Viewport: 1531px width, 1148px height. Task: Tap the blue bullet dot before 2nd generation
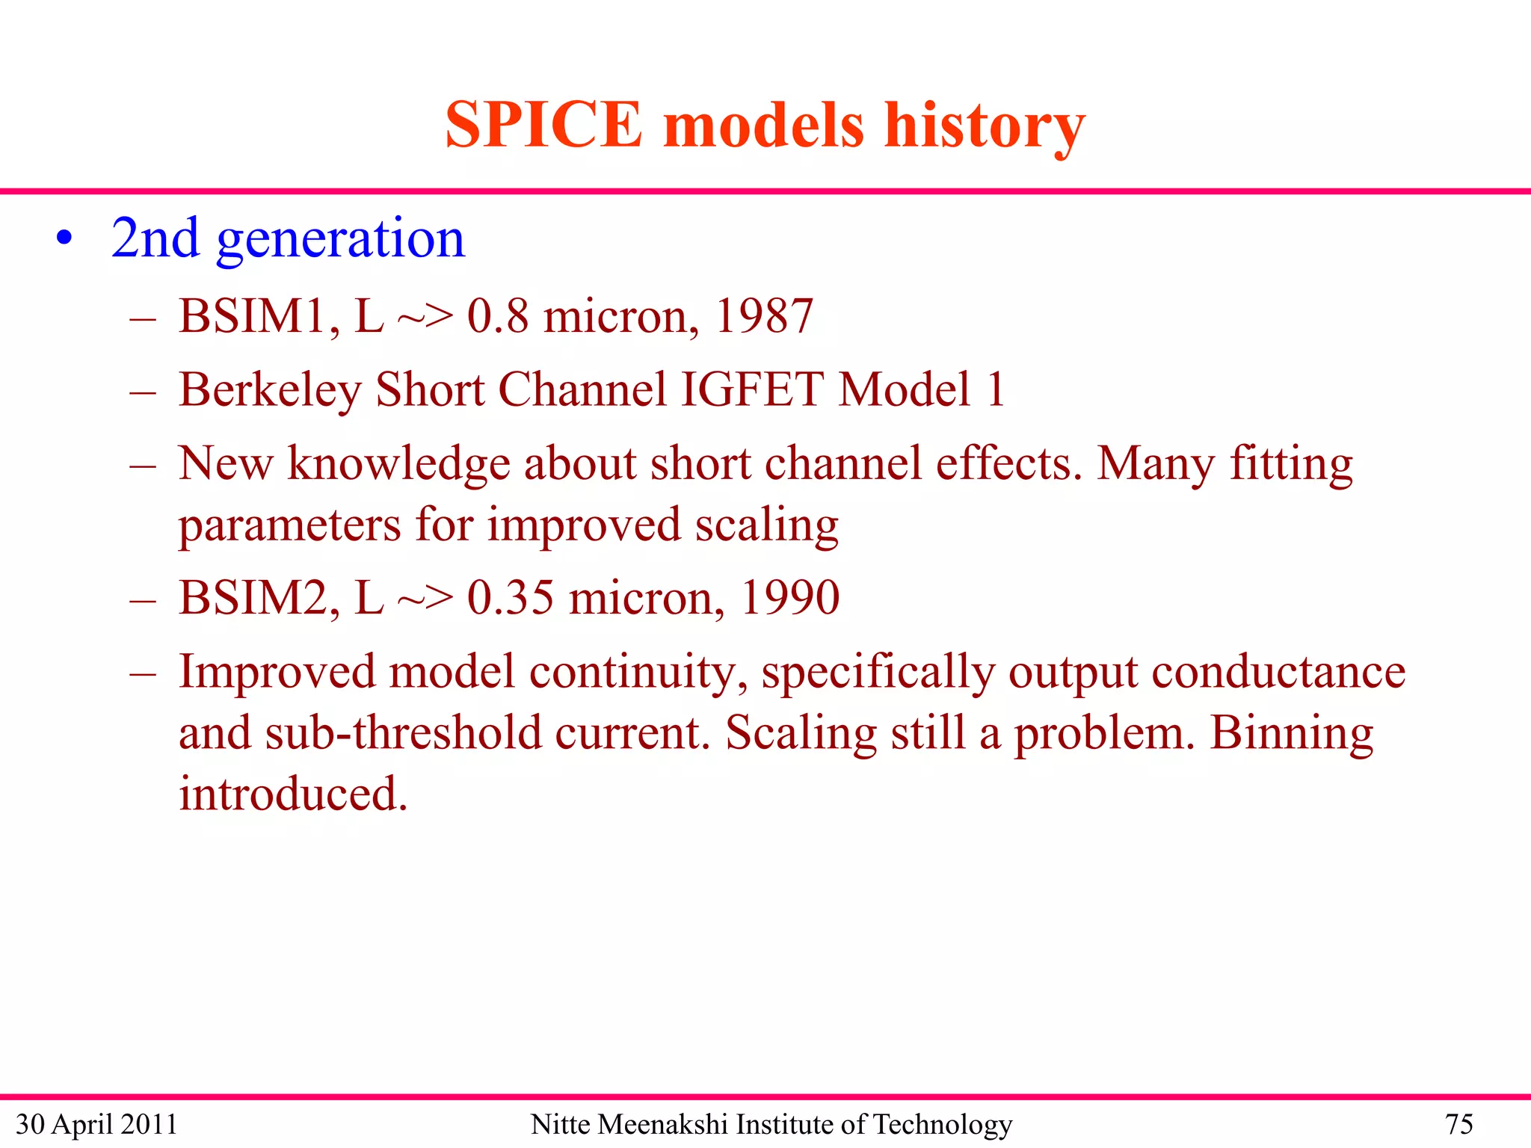tap(65, 239)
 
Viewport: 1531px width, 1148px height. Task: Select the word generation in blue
tap(340, 239)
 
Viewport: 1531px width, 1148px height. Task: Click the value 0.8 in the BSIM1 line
tap(497, 316)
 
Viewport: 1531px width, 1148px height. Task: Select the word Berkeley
tap(269, 390)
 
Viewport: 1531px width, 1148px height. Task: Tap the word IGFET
tap(752, 390)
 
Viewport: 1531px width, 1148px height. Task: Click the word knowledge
tap(398, 463)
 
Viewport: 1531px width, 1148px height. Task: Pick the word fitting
tap(1291, 463)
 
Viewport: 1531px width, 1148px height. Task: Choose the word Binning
tap(1291, 732)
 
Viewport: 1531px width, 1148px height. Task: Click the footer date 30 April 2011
tap(96, 1124)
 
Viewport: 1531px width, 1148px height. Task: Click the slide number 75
tap(1458, 1124)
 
